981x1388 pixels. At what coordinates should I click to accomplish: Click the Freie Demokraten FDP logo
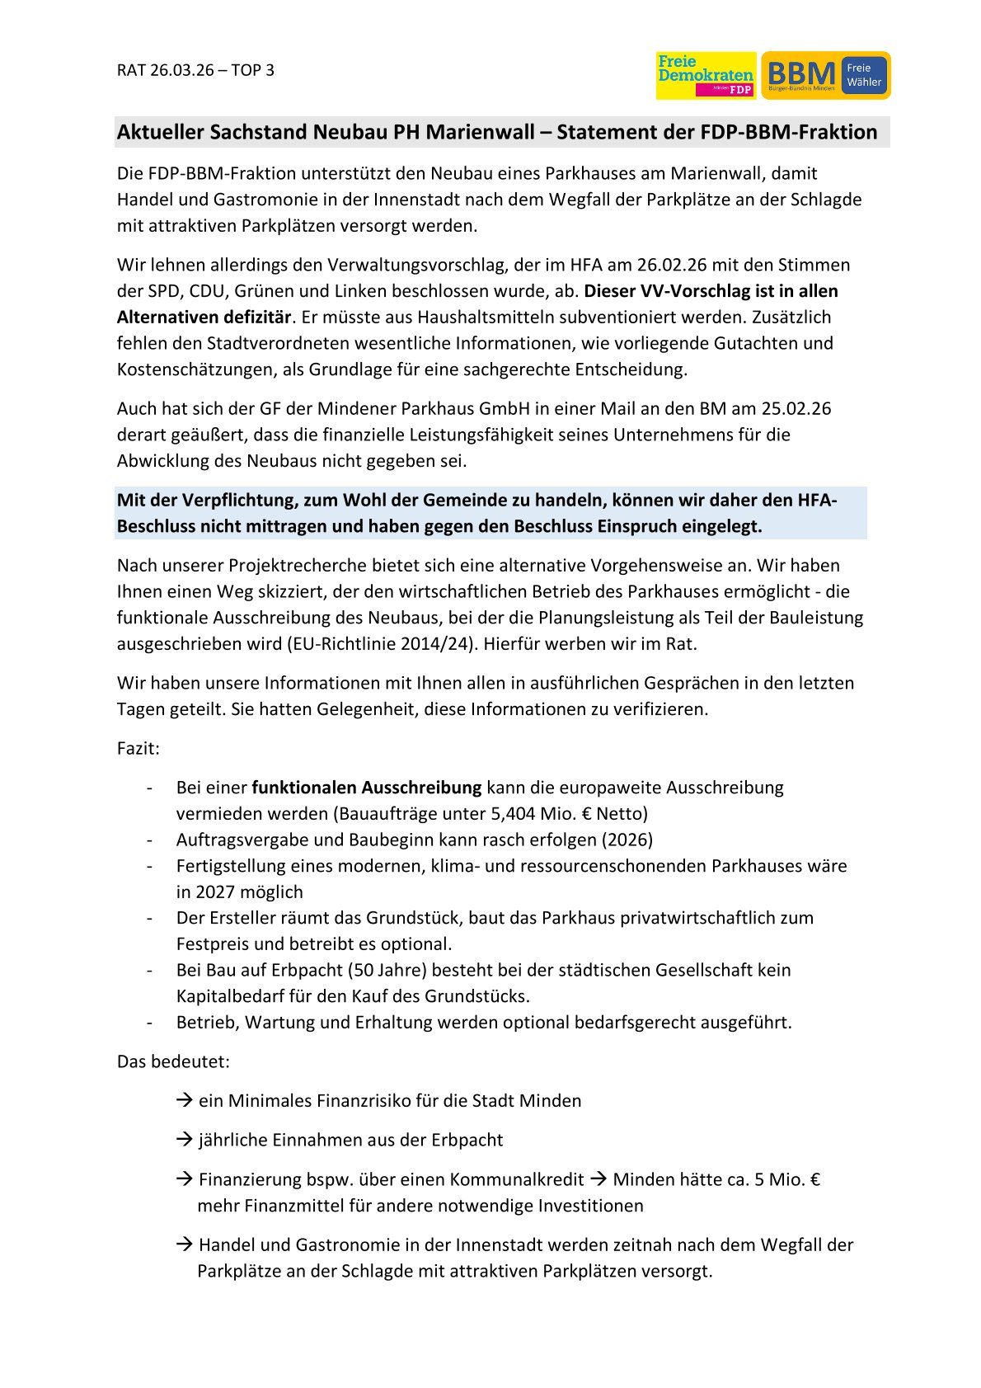706,76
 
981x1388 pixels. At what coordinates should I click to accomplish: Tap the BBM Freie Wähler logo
825,76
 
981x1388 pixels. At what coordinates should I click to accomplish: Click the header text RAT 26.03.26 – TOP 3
195,70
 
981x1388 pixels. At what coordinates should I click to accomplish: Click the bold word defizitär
256,317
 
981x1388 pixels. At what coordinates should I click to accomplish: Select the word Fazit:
138,749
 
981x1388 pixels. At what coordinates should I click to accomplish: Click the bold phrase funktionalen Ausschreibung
367,788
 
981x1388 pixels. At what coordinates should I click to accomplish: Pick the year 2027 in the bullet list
215,892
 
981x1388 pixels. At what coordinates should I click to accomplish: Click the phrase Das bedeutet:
173,1061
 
